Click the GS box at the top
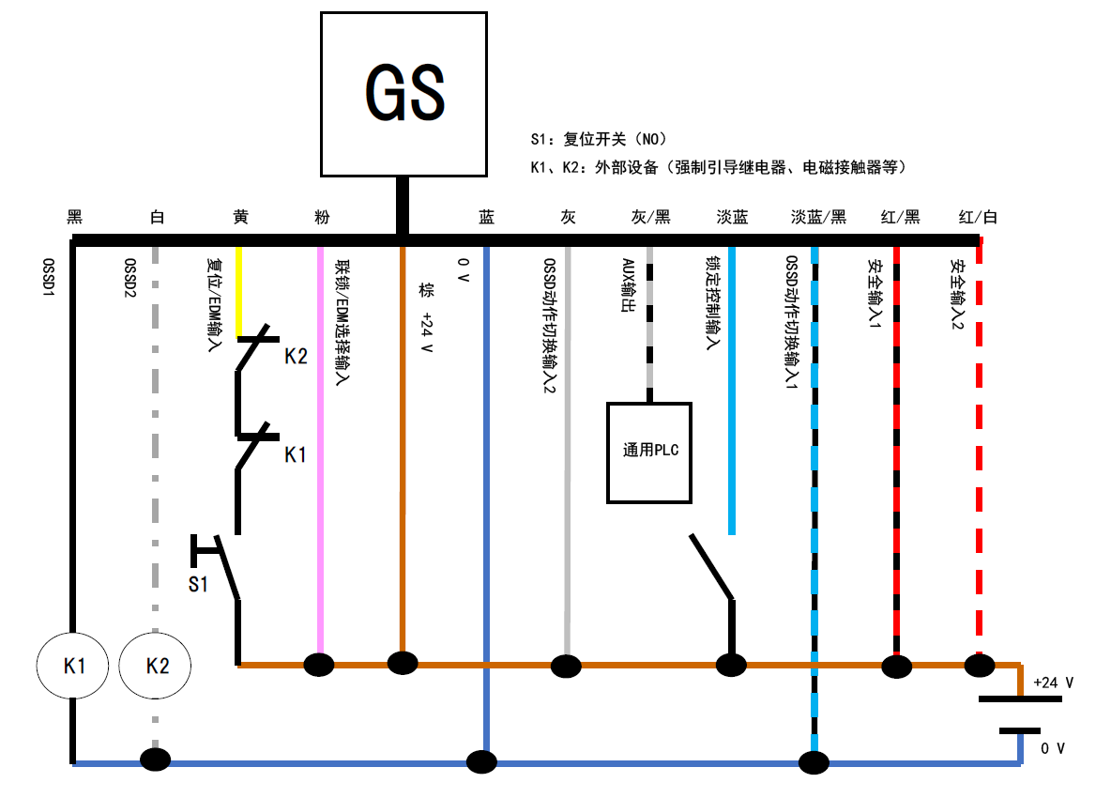[403, 94]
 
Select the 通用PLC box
[649, 452]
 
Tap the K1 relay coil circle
[74, 666]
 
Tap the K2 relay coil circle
[157, 666]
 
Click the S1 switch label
[197, 584]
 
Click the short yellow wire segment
[239, 291]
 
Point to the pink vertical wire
[321, 451]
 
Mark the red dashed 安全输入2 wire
[980, 451]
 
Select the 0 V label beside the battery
[1053, 748]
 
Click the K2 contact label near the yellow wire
[296, 357]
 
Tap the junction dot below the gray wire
[566, 666]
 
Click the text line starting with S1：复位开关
[598, 140]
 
